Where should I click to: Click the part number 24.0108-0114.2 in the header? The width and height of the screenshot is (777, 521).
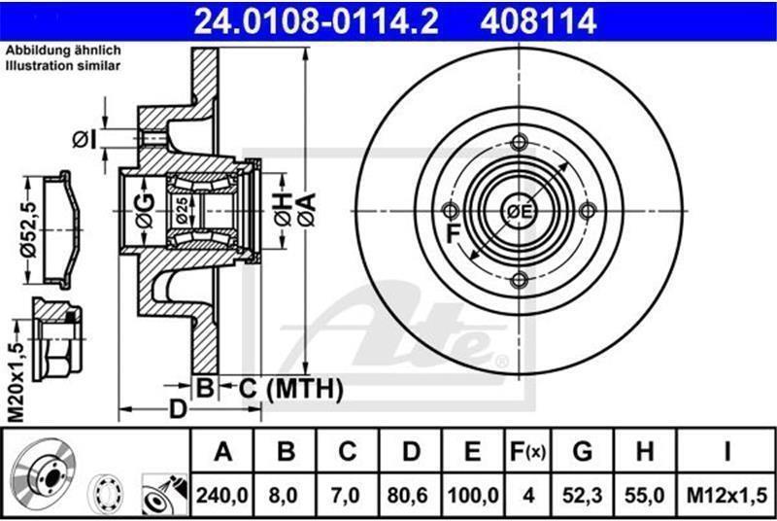point(316,21)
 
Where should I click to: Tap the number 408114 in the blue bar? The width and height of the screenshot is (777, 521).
point(538,21)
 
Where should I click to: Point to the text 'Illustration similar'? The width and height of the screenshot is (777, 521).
point(63,65)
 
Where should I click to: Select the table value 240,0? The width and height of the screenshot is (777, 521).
point(222,495)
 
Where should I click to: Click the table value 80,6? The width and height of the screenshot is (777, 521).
point(408,495)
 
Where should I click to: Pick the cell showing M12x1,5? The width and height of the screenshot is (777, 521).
point(726,495)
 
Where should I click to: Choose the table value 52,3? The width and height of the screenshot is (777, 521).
point(582,495)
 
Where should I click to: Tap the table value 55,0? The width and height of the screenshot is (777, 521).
point(644,495)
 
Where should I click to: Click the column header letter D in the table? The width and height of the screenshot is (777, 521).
point(411,451)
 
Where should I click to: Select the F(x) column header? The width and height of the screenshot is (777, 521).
point(527,451)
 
